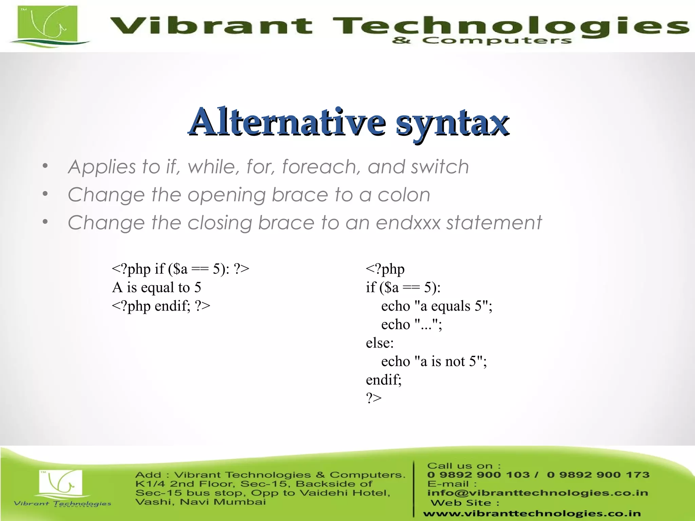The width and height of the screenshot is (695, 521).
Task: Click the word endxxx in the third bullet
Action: coord(408,223)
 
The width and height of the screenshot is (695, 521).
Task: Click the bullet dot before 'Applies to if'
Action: coord(45,166)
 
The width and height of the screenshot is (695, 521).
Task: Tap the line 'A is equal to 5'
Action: coord(156,288)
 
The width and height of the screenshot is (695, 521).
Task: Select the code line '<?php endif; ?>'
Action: coord(161,306)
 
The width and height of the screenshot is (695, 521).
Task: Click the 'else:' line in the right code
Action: coord(380,343)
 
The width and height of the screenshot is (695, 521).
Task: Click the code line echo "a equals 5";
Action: coord(436,306)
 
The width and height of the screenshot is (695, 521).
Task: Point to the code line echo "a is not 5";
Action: coord(434,361)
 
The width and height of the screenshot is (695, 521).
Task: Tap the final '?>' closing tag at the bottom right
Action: coord(374,398)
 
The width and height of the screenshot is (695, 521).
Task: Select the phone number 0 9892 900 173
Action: coord(598,475)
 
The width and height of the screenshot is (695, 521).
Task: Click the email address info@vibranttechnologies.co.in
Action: coord(538,493)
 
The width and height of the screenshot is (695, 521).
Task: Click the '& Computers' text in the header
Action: coord(482,41)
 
